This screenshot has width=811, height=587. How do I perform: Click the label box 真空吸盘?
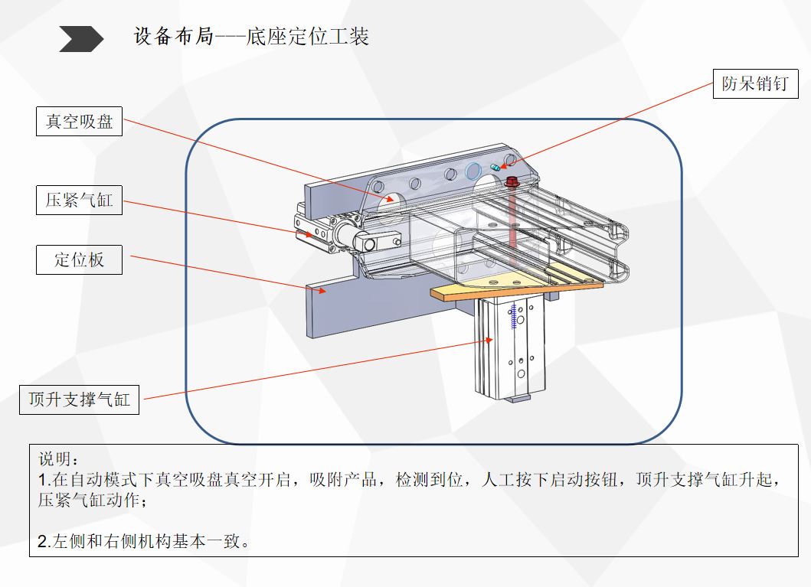(79, 122)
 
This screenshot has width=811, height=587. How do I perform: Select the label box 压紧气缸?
(79, 200)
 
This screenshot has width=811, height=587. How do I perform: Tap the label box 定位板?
(79, 260)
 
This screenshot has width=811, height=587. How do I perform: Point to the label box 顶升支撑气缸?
(79, 399)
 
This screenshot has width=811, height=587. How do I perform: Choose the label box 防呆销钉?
(754, 84)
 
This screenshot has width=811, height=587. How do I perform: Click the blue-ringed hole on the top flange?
(474, 169)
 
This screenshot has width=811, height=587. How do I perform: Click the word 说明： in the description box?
(58, 459)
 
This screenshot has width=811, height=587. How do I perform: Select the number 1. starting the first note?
(43, 481)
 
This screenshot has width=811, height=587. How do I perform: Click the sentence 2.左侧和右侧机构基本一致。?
(144, 542)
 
